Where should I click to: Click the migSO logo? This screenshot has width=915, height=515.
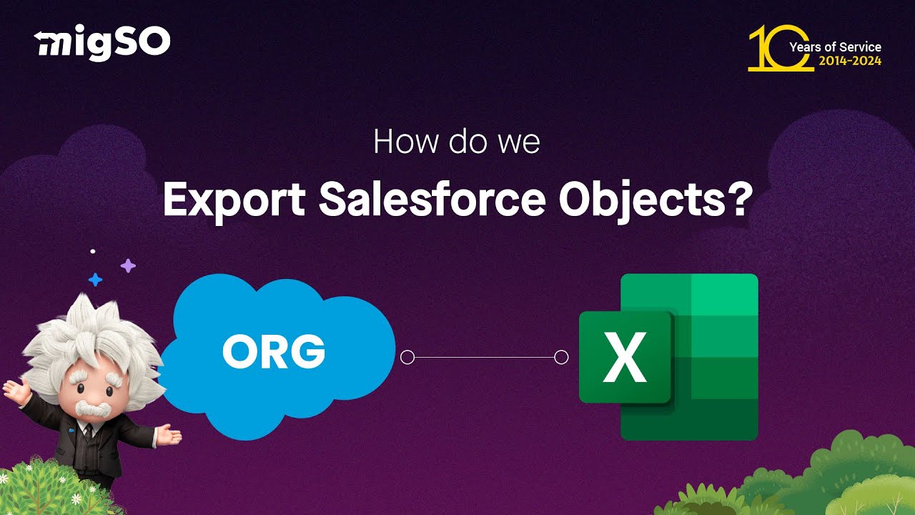(103, 44)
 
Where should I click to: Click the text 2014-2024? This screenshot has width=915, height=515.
(850, 62)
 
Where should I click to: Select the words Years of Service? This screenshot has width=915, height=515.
(835, 47)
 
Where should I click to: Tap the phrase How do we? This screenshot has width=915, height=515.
(457, 142)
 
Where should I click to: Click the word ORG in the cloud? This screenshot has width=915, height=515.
(274, 352)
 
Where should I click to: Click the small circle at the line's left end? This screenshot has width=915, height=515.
(407, 357)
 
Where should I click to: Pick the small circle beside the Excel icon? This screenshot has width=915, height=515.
(562, 357)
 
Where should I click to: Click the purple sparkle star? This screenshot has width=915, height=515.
(128, 266)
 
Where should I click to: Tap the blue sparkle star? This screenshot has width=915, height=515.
(95, 279)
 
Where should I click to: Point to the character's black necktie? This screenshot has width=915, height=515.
(87, 431)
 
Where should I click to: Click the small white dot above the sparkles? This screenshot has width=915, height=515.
(93, 251)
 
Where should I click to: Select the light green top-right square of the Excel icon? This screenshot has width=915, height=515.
(724, 293)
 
